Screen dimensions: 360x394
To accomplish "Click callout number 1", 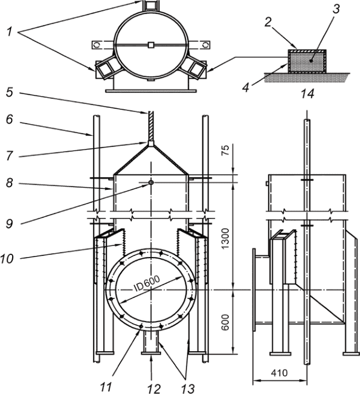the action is click(10, 32).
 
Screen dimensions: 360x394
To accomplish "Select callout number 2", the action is click(268, 22).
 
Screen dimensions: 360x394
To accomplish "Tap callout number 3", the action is click(336, 9).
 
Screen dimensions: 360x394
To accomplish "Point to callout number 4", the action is click(246, 87).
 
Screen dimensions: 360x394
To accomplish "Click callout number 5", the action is click(10, 92).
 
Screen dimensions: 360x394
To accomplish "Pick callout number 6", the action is click(10, 120).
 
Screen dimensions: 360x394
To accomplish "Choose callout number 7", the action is click(10, 156).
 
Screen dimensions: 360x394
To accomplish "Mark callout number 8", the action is click(10, 183).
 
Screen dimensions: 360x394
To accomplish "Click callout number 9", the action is click(10, 224).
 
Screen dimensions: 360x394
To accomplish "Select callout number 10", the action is click(7, 258).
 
